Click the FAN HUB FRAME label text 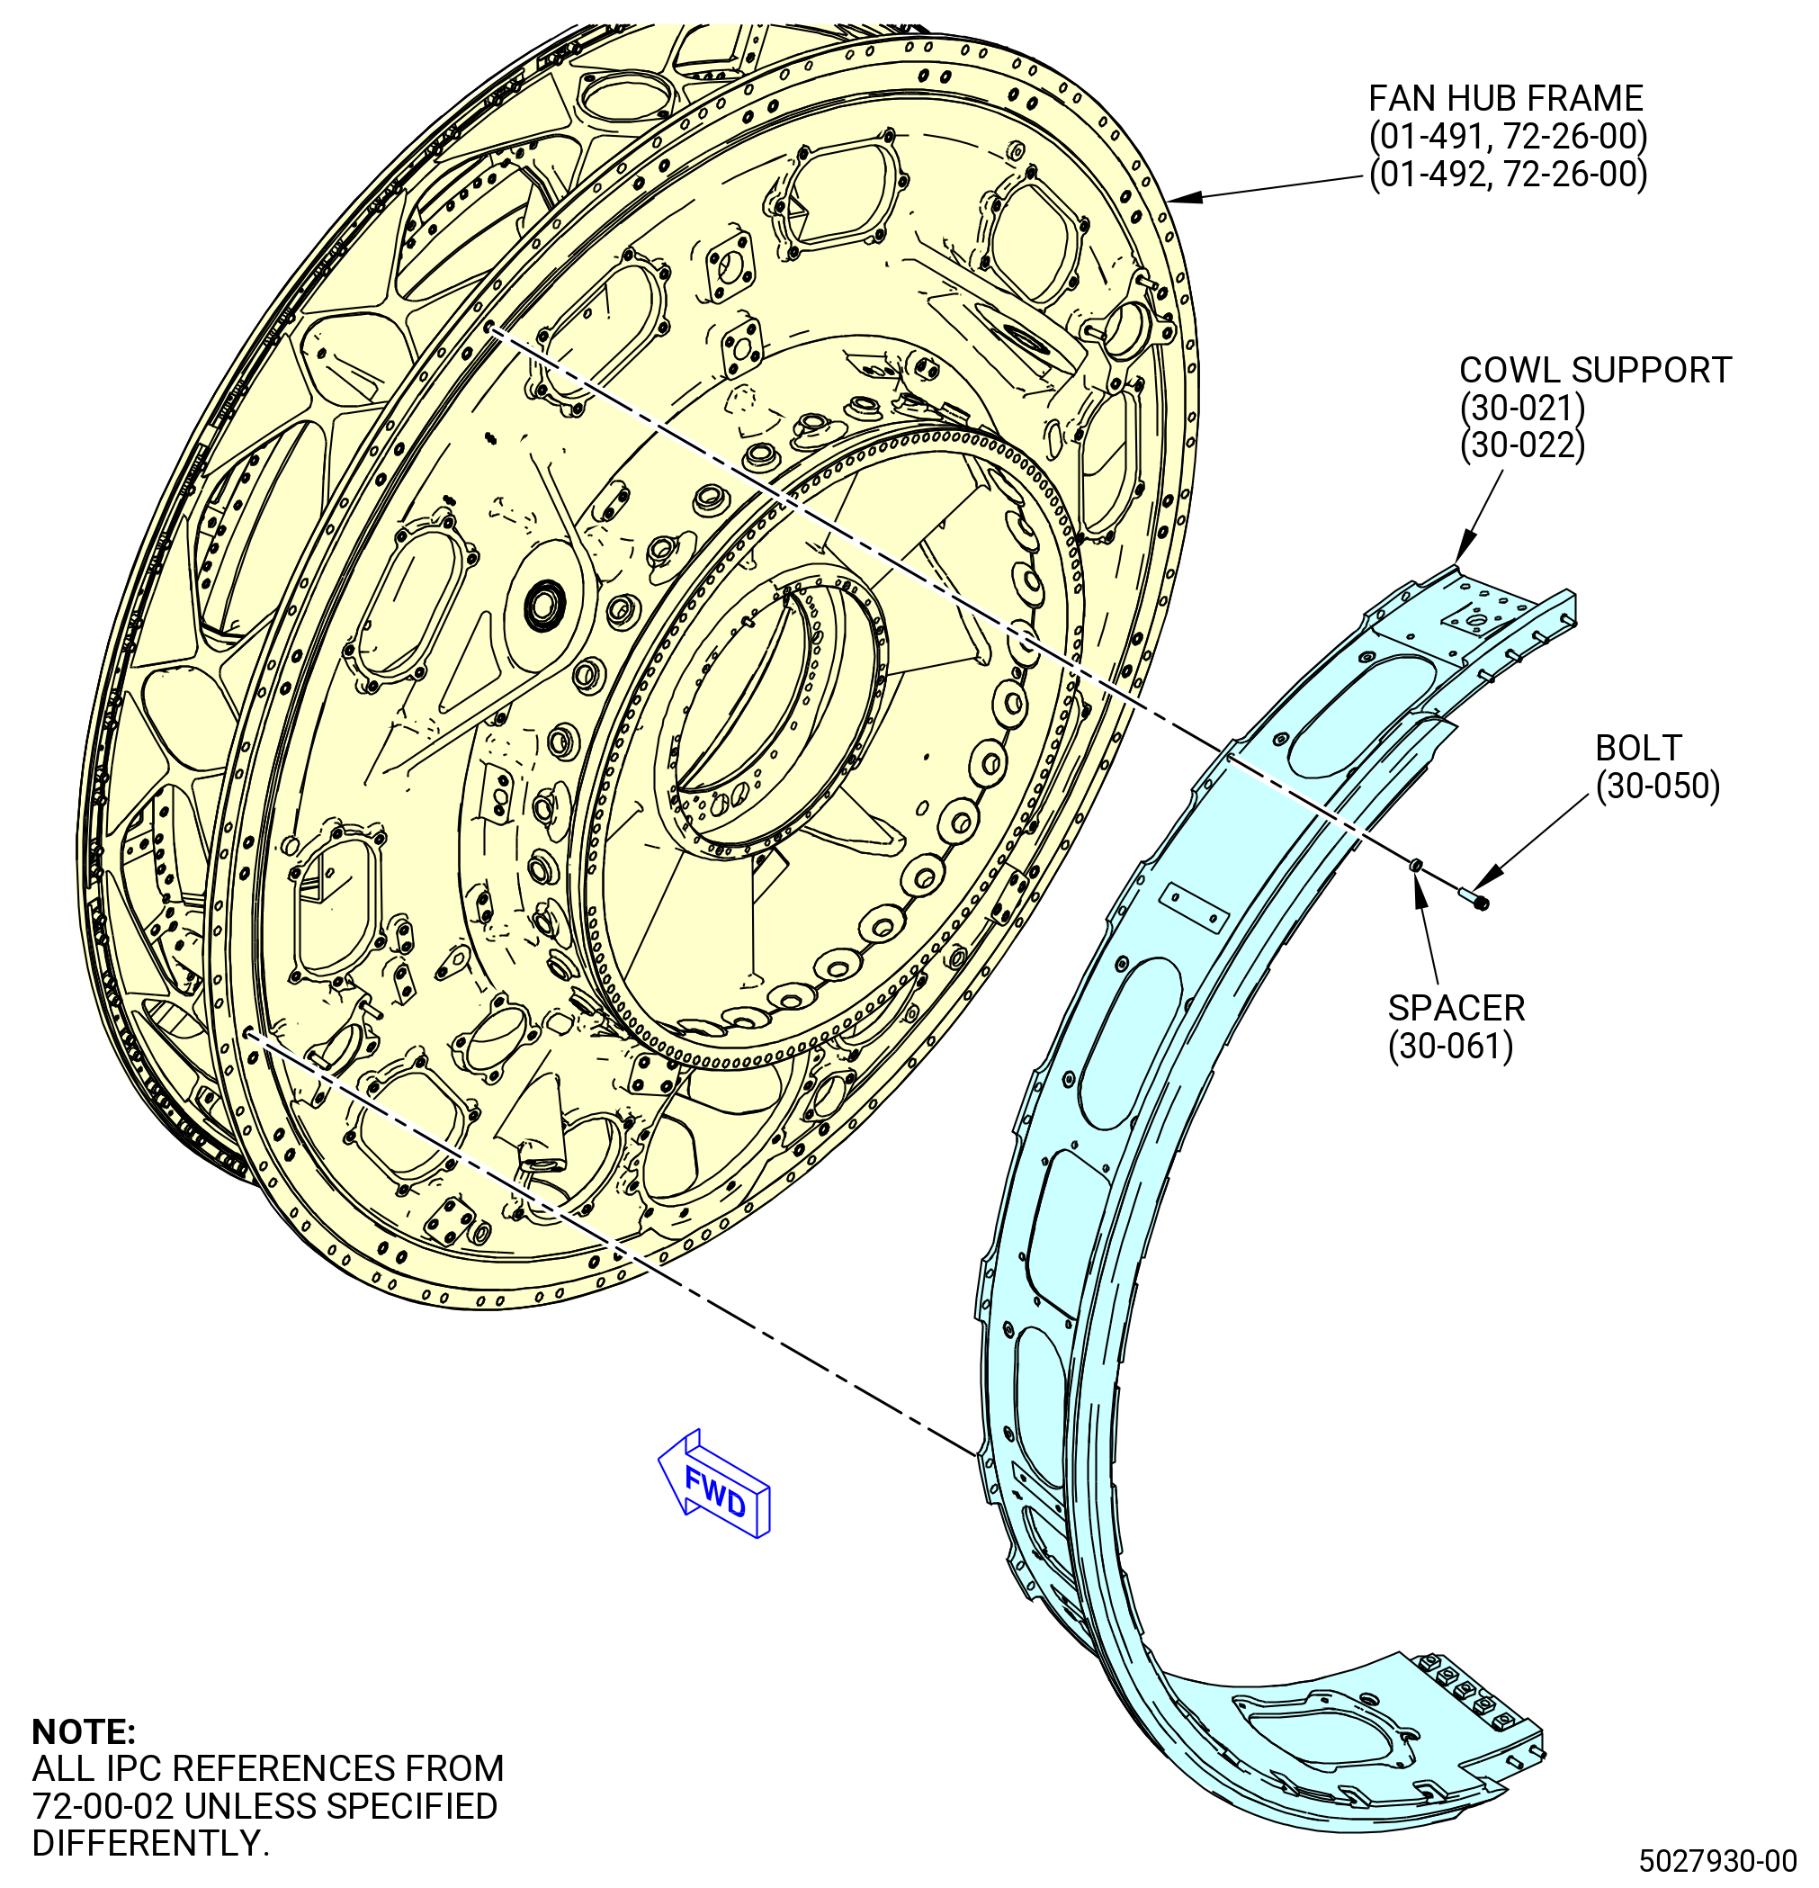click(1505, 98)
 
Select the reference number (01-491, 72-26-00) click(1508, 137)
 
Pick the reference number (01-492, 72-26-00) click(1508, 175)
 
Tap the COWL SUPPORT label click(1595, 370)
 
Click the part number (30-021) click(1521, 409)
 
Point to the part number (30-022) click(1521, 446)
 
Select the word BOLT click(1638, 749)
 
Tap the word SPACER click(1456, 1009)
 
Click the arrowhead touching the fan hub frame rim click(1186, 196)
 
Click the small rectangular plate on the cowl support click(1194, 907)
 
